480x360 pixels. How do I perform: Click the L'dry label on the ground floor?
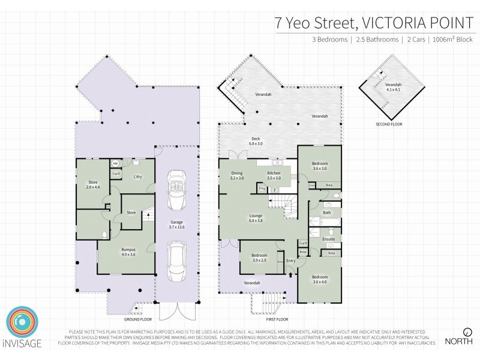pos(137,176)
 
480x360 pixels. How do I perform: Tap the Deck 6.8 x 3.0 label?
pos(256,142)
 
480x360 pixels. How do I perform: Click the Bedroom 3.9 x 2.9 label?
pos(259,258)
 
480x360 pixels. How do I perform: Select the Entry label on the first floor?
pos(291,261)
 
